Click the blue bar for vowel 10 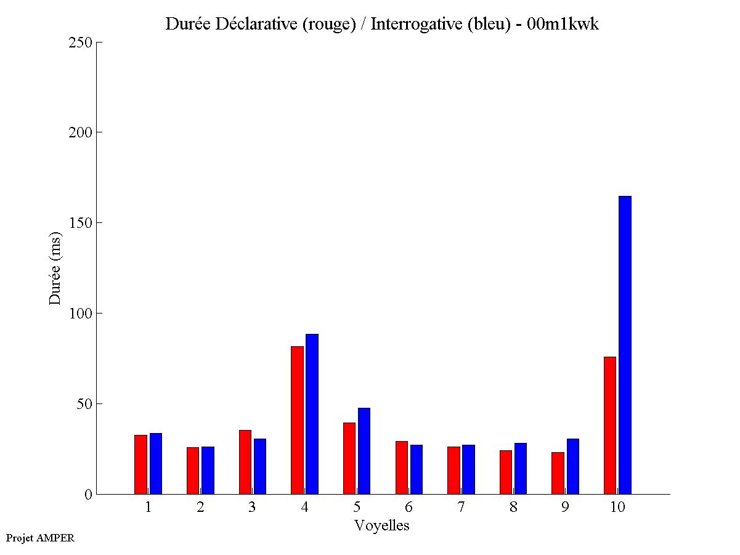[x=625, y=345]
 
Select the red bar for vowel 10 [x=610, y=425]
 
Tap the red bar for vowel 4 [x=297, y=420]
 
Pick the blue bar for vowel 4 [x=312, y=414]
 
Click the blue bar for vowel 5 [x=364, y=451]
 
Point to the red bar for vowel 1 [x=140, y=464]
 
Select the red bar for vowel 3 [x=245, y=462]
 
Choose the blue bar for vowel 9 [x=573, y=466]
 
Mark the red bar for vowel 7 [x=453, y=470]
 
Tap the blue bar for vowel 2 [x=208, y=470]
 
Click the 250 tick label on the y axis [x=80, y=43]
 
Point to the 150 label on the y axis [x=80, y=223]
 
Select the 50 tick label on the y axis [x=84, y=404]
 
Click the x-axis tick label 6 [x=409, y=508]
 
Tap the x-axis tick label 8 [x=513, y=508]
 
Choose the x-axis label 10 [x=617, y=508]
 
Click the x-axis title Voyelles [x=382, y=525]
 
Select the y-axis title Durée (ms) [x=55, y=268]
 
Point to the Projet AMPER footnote [x=40, y=538]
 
